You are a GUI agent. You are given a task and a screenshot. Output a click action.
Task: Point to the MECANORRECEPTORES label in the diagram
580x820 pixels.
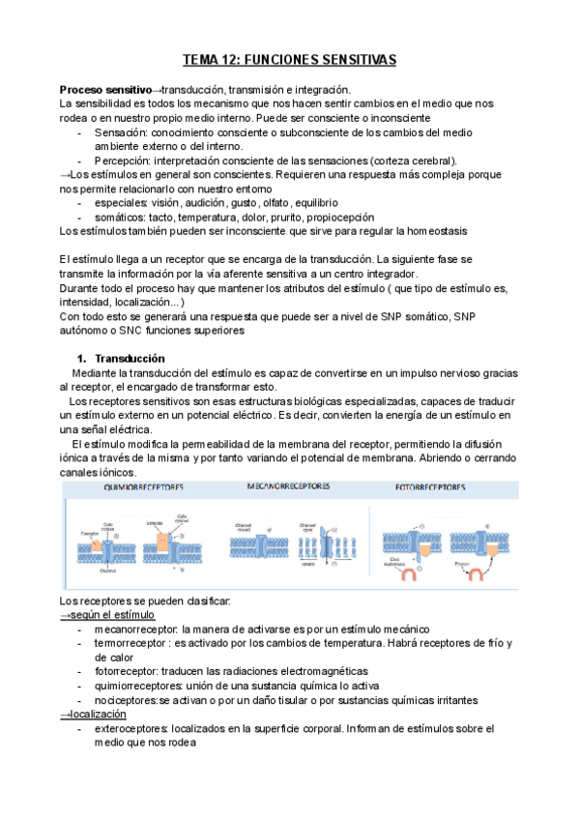tap(291, 487)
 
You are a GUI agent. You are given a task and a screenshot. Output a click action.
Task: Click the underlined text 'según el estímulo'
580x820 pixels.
tap(112, 615)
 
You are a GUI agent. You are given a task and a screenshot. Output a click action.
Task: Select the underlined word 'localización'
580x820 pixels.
tap(99, 714)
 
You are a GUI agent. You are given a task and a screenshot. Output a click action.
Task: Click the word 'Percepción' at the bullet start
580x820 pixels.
tap(123, 161)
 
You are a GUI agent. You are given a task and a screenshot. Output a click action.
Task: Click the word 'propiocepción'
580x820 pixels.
tap(338, 218)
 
